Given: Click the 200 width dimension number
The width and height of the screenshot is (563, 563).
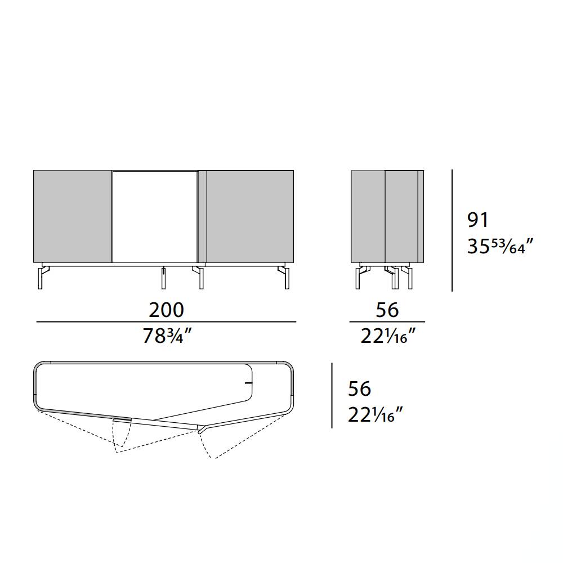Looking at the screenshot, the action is (x=166, y=310).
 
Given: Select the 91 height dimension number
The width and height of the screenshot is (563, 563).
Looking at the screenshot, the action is (x=478, y=220).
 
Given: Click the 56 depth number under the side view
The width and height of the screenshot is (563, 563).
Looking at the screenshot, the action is (x=387, y=310).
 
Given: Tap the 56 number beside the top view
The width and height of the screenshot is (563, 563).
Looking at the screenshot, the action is (x=359, y=388).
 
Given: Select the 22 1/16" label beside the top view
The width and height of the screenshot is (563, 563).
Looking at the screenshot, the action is (x=375, y=415).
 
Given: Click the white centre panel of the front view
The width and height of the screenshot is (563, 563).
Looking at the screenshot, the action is (x=155, y=217).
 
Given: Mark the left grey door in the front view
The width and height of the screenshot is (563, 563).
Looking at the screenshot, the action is (x=73, y=217).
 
